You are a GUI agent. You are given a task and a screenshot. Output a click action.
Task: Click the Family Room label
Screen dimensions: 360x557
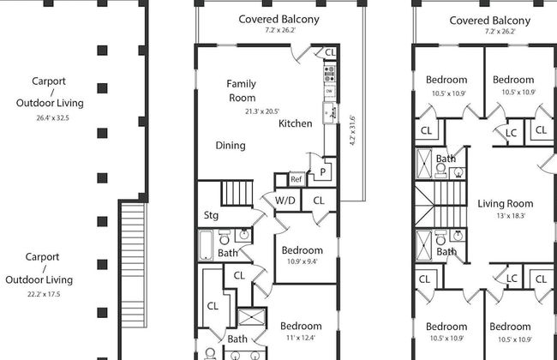click(x=241, y=91)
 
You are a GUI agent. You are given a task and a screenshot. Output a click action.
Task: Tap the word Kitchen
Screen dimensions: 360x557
click(x=296, y=123)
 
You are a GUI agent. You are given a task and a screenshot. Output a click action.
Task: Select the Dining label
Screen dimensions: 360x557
click(x=230, y=146)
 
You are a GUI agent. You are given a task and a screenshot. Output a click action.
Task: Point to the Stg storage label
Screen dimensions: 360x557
click(x=211, y=215)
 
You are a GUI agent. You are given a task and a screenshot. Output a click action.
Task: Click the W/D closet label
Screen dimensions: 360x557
click(x=285, y=201)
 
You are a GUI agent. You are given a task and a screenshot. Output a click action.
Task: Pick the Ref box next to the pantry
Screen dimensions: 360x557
click(x=296, y=179)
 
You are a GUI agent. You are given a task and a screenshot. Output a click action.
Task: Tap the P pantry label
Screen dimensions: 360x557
click(x=322, y=171)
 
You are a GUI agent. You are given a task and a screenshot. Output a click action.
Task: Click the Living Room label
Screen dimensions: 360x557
click(x=505, y=204)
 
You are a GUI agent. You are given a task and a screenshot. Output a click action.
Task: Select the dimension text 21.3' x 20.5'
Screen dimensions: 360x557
click(x=262, y=111)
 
